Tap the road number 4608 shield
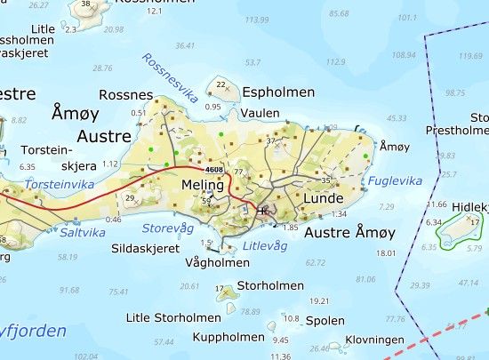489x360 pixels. click(x=212, y=168)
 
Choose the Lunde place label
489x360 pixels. click(x=323, y=198)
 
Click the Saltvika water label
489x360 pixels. click(x=83, y=232)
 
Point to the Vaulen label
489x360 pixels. click(x=259, y=114)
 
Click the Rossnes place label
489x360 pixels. click(x=126, y=95)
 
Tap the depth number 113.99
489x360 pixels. click(x=256, y=20)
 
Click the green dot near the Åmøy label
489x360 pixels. click(x=365, y=157)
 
